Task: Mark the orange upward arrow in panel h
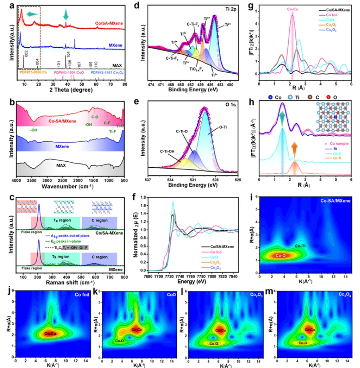click(295, 151)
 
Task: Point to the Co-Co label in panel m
click(310, 330)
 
